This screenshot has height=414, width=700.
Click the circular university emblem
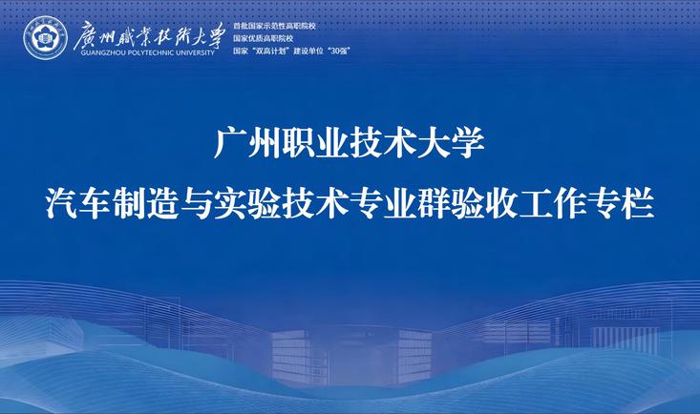click(x=45, y=38)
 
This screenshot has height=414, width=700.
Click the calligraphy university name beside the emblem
click(x=149, y=35)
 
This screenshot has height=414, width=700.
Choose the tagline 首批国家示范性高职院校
click(x=274, y=27)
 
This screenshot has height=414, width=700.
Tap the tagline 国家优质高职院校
click(x=263, y=39)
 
